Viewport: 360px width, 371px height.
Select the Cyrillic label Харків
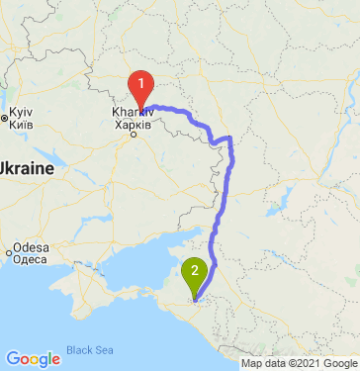133,126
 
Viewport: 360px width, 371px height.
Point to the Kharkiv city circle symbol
135,137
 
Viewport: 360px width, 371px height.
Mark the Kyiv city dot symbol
5,119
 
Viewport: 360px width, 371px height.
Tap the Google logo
33,358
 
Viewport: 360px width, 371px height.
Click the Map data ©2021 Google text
297,363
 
